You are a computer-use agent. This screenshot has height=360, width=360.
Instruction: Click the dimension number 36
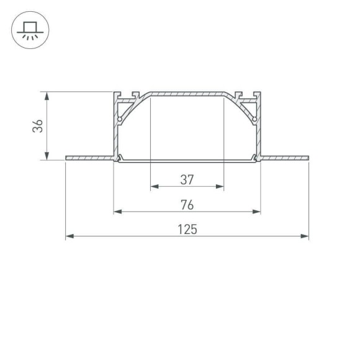tap(38, 126)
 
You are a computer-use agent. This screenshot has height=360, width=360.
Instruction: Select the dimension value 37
tap(187, 180)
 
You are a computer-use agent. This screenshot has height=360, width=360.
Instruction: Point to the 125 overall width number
tap(187, 230)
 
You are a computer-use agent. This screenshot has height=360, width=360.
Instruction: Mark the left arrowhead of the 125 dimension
tap(69, 236)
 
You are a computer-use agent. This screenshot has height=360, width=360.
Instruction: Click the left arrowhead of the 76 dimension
tap(117, 212)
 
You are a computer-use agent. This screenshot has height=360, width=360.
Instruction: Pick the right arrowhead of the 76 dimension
tap(257, 212)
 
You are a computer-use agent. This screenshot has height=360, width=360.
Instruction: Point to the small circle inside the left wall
tap(119, 118)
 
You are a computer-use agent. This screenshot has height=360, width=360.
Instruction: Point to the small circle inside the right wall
tap(254, 118)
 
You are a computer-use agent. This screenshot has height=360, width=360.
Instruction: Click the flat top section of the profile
tap(187, 93)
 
